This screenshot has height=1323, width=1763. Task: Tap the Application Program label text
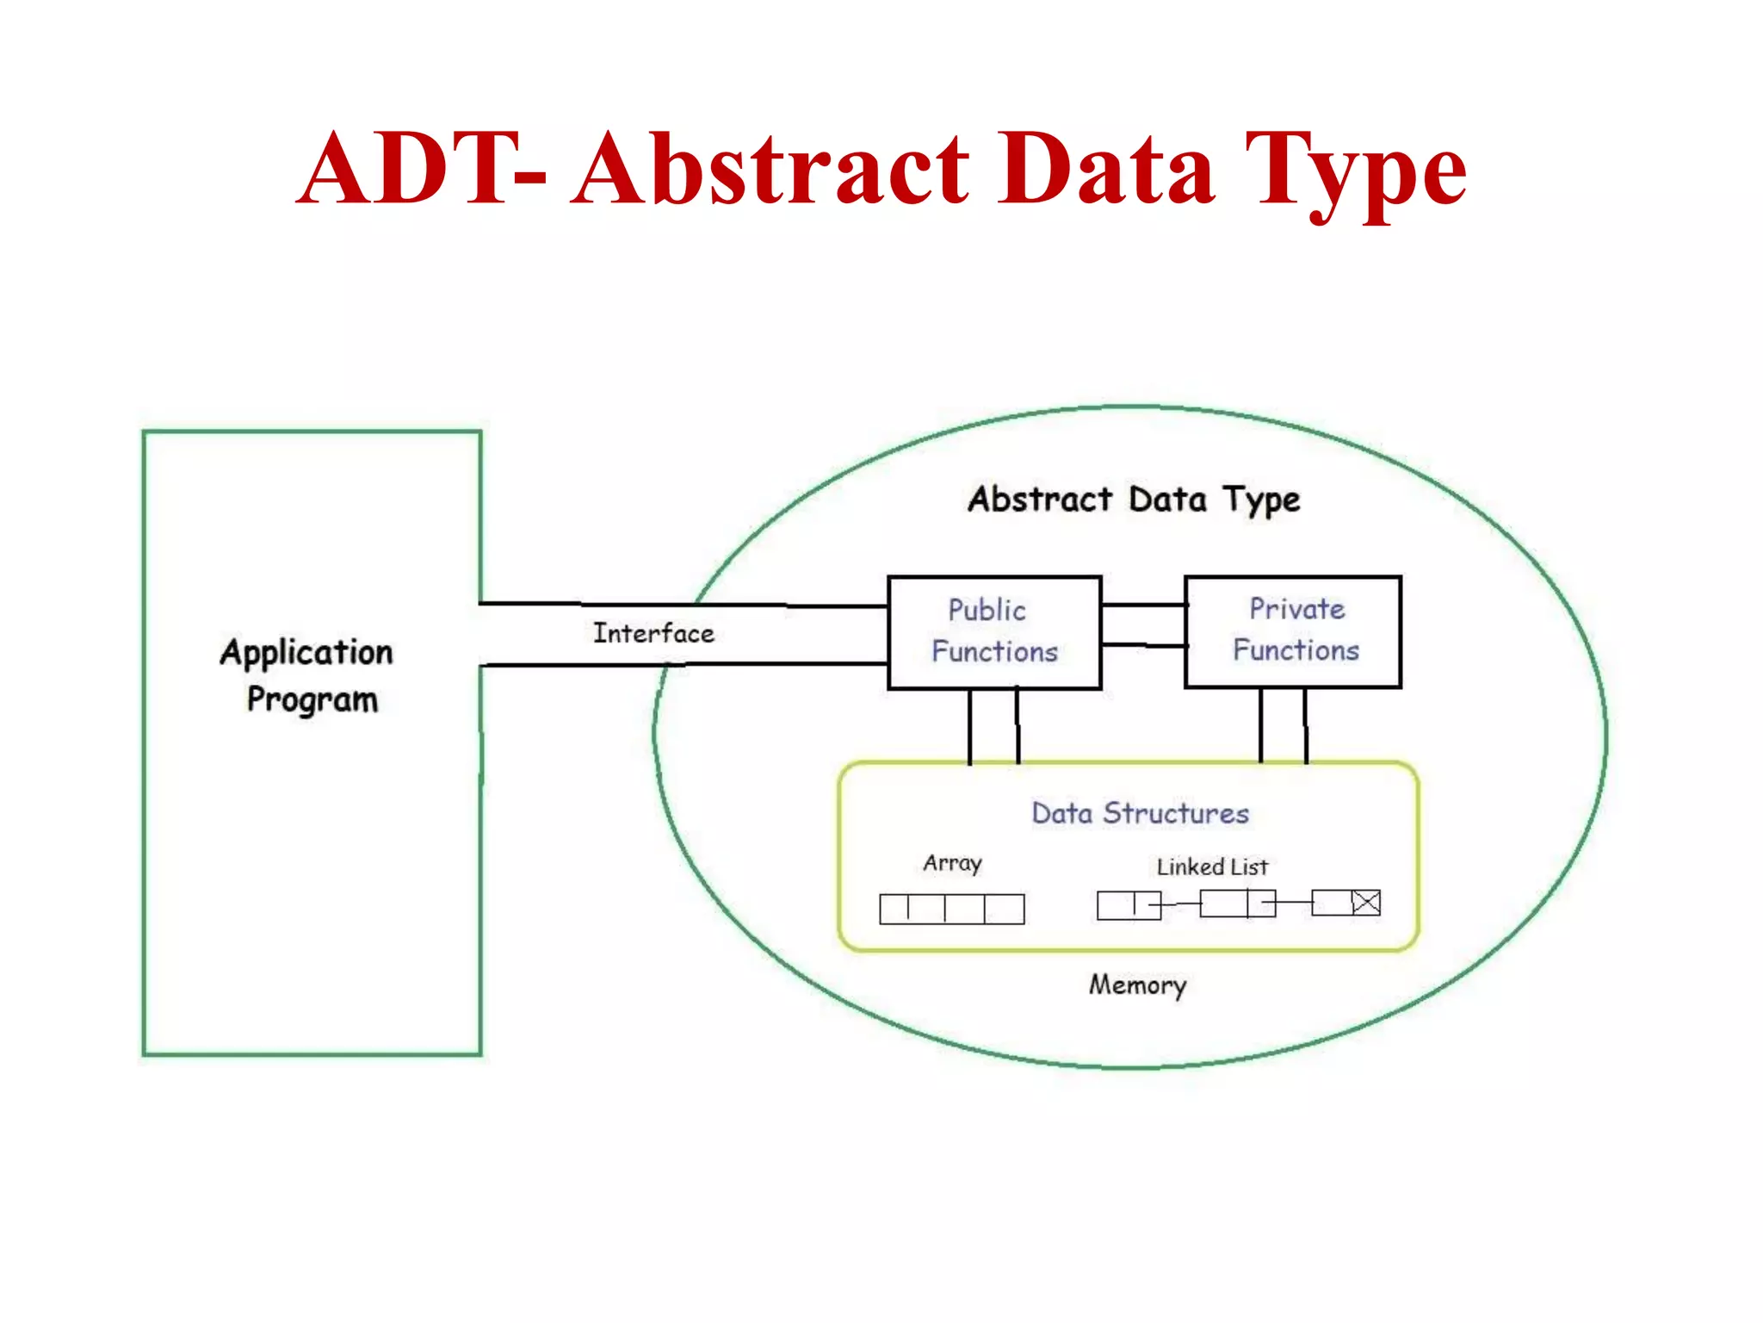click(308, 675)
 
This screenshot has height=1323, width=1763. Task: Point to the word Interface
click(653, 634)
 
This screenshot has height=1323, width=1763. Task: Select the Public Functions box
click(994, 632)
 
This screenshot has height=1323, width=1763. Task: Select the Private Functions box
click(1293, 631)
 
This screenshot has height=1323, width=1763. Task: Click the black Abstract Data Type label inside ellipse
click(1134, 500)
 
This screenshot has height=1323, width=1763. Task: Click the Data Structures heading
click(1140, 813)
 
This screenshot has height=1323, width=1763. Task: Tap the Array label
click(952, 863)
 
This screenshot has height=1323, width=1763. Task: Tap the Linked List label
click(1212, 866)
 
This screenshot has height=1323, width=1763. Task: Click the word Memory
click(1137, 984)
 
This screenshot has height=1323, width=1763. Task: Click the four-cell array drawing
click(951, 909)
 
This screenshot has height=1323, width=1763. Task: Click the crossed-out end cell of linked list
click(1365, 903)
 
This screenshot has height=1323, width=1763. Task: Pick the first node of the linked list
click(1128, 905)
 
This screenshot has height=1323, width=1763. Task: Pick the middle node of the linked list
click(1237, 904)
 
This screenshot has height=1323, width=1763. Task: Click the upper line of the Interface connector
click(689, 605)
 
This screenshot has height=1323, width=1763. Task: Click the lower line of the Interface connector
click(689, 664)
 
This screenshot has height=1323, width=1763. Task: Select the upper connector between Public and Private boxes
click(1143, 606)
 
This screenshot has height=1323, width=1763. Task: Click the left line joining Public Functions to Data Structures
click(970, 726)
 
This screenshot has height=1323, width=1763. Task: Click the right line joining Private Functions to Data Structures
click(1306, 726)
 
